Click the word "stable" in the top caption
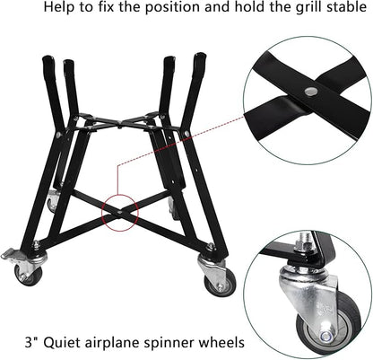pos(348,7)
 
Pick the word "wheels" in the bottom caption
pos(222,342)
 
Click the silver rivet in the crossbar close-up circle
pos(311,91)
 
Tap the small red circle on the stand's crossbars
pos(120,213)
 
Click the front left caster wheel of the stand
pos(29,274)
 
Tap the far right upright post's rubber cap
pos(200,61)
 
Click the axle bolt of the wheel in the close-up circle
pos(325,337)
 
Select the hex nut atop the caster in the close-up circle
pos(302,244)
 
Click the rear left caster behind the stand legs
pos(53,199)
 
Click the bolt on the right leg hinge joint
pos(187,133)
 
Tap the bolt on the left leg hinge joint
pos(58,135)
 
